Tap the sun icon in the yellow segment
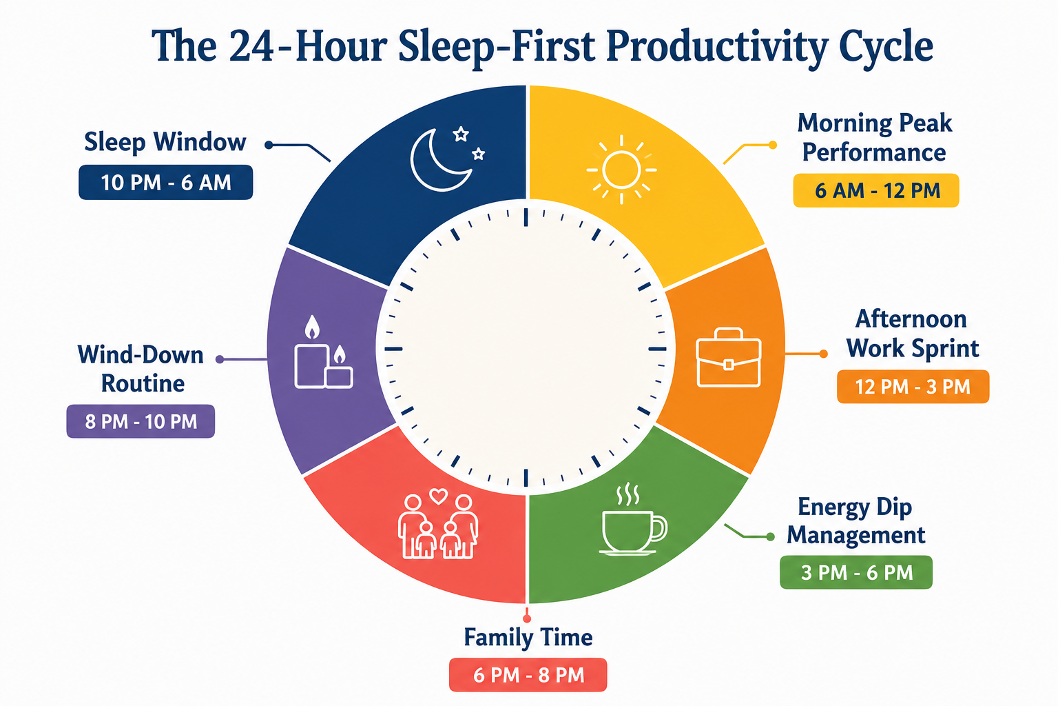[x=621, y=170]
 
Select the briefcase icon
[x=728, y=358]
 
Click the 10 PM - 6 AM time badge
[x=166, y=183]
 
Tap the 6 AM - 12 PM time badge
[x=876, y=190]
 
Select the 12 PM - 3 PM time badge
[x=913, y=387]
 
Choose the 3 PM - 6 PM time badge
[x=856, y=573]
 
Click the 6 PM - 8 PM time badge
[x=528, y=675]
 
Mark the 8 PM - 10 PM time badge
[x=141, y=421]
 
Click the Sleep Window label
[x=165, y=142]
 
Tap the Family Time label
[x=528, y=637]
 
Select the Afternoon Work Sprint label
[x=912, y=334]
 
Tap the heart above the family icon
[x=439, y=496]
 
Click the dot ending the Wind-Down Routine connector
[x=220, y=359]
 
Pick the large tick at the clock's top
[x=526, y=217]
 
